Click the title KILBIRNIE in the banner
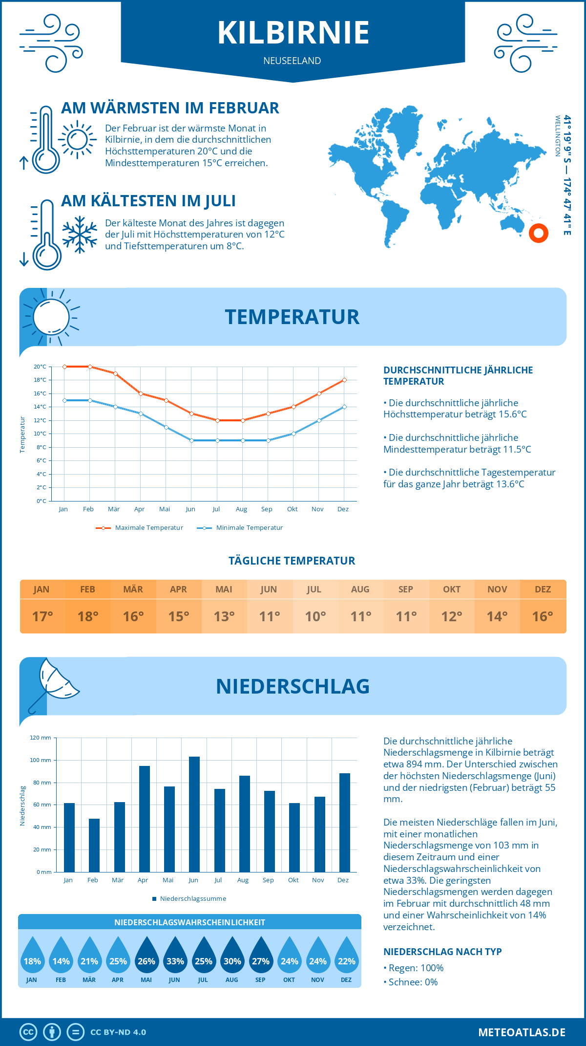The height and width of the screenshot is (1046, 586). pyautogui.click(x=293, y=33)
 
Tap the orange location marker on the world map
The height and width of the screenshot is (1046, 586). pyautogui.click(x=539, y=233)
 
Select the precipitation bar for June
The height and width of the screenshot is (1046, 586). pyautogui.click(x=194, y=814)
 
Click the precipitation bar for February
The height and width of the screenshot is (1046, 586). pyautogui.click(x=94, y=845)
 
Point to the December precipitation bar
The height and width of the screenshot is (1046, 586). pyautogui.click(x=345, y=822)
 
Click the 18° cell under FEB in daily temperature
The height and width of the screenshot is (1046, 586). pyautogui.click(x=88, y=616)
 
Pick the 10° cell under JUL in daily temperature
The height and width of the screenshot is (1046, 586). pyautogui.click(x=315, y=616)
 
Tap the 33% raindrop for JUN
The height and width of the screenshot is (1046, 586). pyautogui.click(x=175, y=957)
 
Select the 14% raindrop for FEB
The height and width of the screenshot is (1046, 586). pyautogui.click(x=61, y=957)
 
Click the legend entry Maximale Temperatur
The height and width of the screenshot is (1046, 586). pyautogui.click(x=140, y=528)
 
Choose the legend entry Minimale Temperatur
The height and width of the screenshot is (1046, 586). pyautogui.click(x=240, y=528)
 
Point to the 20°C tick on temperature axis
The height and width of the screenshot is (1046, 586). pyautogui.click(x=40, y=367)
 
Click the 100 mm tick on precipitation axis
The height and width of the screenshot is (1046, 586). pyautogui.click(x=41, y=760)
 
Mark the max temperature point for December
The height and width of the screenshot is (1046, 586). pyautogui.click(x=344, y=380)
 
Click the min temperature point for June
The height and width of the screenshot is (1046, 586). pyautogui.click(x=191, y=440)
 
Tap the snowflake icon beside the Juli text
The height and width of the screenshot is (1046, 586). pyautogui.click(x=80, y=234)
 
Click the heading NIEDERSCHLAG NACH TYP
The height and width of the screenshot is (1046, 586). pyautogui.click(x=442, y=952)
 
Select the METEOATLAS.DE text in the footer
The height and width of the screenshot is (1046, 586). pyautogui.click(x=522, y=1032)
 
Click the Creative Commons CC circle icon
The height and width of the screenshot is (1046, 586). pyautogui.click(x=28, y=1032)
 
